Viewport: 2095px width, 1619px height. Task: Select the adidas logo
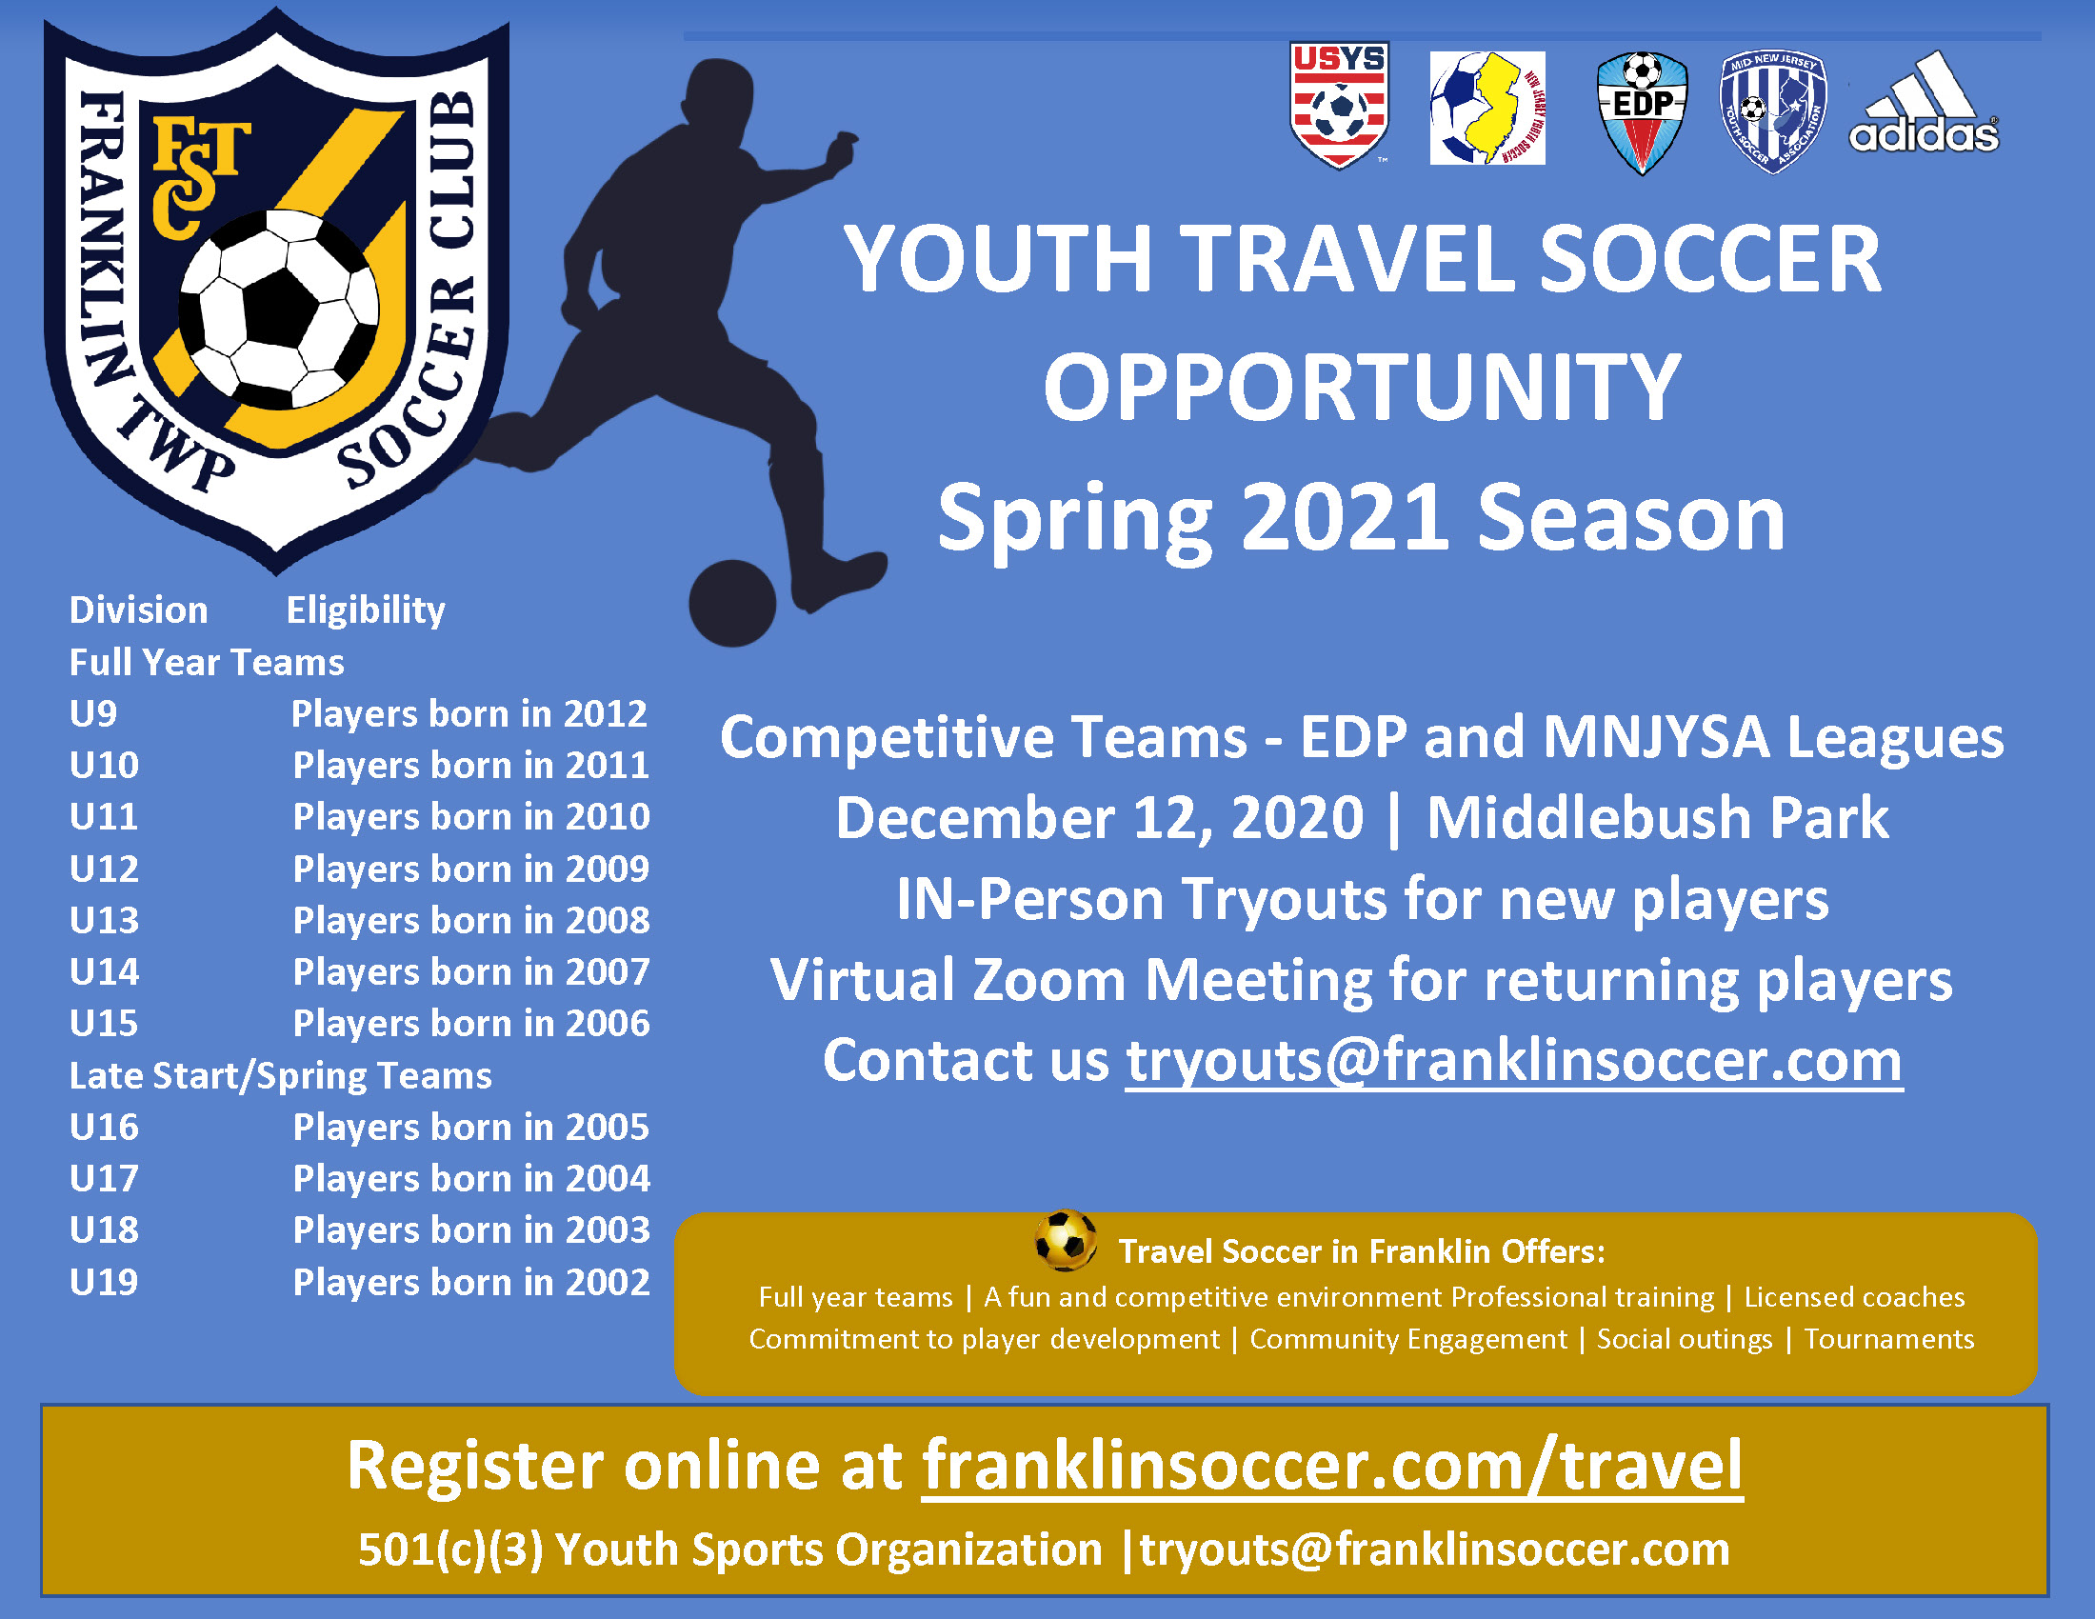point(1925,103)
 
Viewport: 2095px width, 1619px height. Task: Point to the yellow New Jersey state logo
point(1486,109)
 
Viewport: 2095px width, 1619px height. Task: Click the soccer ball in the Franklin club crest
point(279,310)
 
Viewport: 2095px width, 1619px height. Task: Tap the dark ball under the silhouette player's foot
point(733,603)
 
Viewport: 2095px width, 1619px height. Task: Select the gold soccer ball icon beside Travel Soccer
point(1066,1241)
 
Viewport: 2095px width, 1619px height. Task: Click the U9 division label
point(93,713)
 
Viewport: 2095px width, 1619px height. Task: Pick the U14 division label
point(105,971)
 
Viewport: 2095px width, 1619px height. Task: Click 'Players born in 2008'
point(471,921)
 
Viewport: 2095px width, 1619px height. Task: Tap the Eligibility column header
point(366,611)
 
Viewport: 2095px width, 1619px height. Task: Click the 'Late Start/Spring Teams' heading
point(280,1076)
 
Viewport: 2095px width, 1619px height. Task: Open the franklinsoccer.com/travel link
point(1332,1466)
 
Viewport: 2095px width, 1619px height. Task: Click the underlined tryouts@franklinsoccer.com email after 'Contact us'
point(1514,1062)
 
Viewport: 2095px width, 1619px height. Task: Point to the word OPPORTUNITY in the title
point(1362,388)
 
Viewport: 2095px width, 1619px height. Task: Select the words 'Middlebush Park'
point(1658,818)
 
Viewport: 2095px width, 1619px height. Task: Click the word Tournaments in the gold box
point(1888,1339)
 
